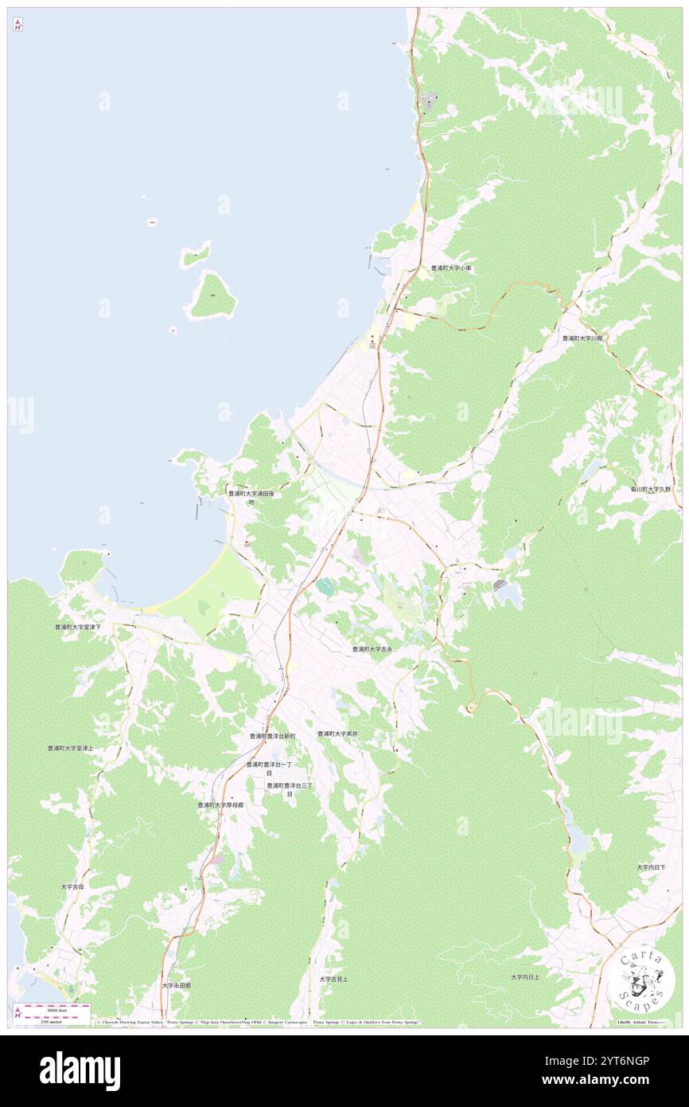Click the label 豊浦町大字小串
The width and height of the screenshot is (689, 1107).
(451, 268)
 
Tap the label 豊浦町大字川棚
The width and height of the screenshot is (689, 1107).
(582, 338)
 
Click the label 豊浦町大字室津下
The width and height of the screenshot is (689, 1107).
(78, 628)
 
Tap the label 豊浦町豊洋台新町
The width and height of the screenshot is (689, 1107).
(272, 737)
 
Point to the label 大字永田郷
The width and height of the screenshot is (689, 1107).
(177, 985)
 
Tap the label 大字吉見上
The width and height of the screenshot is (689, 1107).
(333, 979)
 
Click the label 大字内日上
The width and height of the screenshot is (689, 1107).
(525, 977)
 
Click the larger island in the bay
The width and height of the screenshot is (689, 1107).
(212, 295)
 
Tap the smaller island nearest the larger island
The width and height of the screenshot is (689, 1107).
(194, 255)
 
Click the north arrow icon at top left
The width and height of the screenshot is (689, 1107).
(18, 25)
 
